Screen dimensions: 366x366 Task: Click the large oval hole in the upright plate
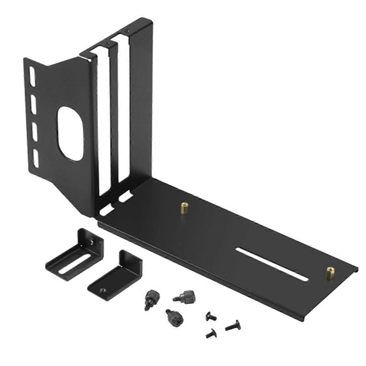click(x=70, y=133)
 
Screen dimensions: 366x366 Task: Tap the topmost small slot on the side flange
click(x=32, y=75)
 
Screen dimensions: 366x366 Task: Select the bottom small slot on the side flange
click(x=36, y=158)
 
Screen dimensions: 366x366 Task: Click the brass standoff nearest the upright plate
click(x=184, y=209)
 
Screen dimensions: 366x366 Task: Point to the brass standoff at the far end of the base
click(x=330, y=273)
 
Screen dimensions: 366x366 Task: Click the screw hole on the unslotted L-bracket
click(x=103, y=290)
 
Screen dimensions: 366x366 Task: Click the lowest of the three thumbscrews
click(x=172, y=317)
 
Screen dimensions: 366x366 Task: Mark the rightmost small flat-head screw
click(x=234, y=325)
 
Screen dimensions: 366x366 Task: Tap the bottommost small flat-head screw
click(x=211, y=334)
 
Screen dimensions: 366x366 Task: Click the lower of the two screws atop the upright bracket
click(x=106, y=44)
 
